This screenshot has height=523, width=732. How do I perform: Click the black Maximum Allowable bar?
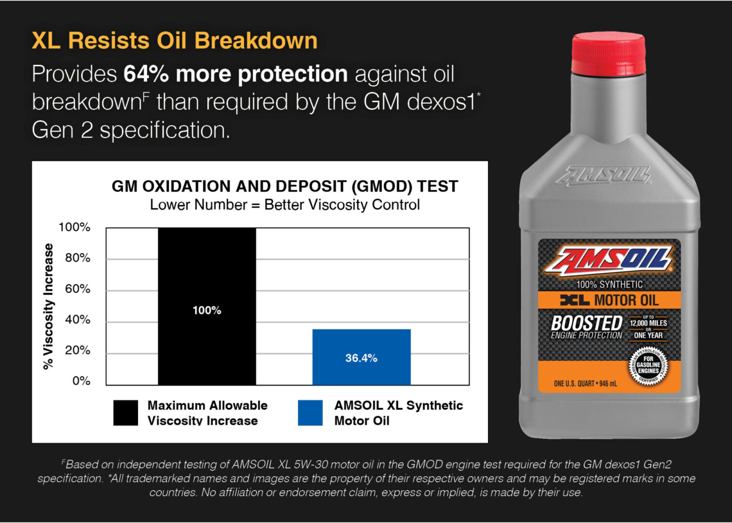[x=207, y=306]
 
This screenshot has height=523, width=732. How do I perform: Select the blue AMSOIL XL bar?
[x=362, y=357]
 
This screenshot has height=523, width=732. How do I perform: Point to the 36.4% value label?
[x=362, y=358]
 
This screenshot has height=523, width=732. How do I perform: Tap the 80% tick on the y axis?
[x=77, y=258]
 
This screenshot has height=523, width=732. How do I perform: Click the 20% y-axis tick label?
[x=77, y=350]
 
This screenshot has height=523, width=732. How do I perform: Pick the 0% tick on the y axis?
[x=81, y=381]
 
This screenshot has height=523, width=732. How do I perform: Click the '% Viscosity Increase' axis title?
[x=48, y=306]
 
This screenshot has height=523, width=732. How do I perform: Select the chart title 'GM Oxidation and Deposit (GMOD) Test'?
[x=285, y=186]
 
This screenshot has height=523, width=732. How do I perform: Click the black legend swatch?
[x=125, y=413]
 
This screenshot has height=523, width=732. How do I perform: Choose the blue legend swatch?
[x=310, y=413]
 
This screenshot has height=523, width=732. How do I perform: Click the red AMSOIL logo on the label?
[x=608, y=261]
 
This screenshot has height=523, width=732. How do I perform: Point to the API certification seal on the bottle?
[x=648, y=366]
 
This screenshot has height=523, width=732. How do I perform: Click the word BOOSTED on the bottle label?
[x=587, y=323]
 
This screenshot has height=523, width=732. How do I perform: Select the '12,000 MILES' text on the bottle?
[x=648, y=323]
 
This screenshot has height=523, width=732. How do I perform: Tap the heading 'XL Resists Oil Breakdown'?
[x=174, y=41]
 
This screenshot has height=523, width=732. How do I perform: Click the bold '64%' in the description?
[x=146, y=74]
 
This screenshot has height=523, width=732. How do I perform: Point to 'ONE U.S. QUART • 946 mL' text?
[x=585, y=384]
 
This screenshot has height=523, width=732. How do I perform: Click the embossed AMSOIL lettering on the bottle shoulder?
[x=603, y=176]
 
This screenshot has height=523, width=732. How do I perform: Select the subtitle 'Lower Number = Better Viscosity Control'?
[x=285, y=205]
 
